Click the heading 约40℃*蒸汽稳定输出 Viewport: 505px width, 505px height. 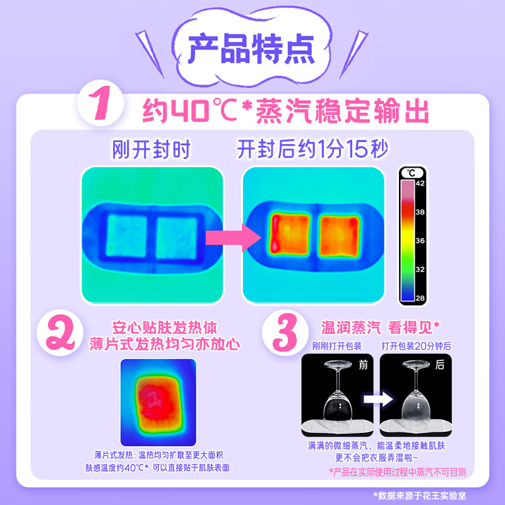tap(285, 112)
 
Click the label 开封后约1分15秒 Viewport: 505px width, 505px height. tap(312, 150)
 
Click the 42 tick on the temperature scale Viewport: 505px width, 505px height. tap(419, 184)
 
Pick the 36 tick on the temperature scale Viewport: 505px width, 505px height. tap(419, 240)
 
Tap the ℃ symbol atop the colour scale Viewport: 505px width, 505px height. tap(410, 172)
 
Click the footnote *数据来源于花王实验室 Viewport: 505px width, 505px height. tap(433, 496)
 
